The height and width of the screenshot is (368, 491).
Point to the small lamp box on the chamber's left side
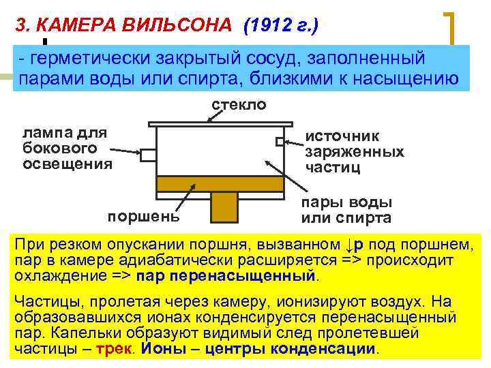pyautogui.click(x=148, y=155)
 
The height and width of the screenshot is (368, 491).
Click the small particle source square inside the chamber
pyautogui.click(x=280, y=142)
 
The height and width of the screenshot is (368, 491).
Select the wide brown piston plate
pyautogui.click(x=220, y=183)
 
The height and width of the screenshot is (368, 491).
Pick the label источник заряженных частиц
pyautogui.click(x=354, y=152)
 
